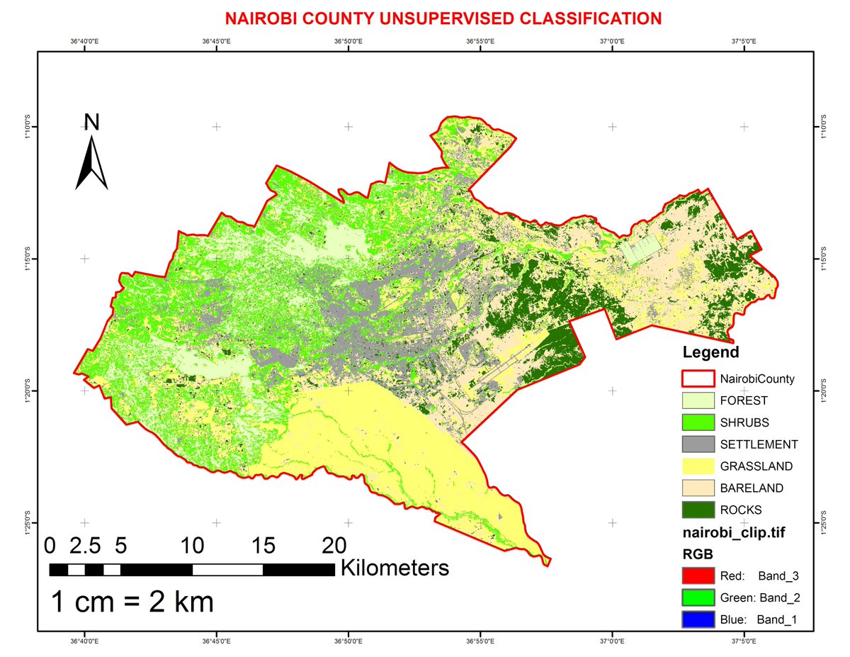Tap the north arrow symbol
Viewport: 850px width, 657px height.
tap(92, 164)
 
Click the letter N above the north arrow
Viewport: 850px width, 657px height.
tap(92, 123)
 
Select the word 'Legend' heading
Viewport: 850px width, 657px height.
tap(710, 352)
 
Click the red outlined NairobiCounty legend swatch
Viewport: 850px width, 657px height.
tap(698, 378)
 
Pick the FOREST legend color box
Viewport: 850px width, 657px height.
tap(698, 400)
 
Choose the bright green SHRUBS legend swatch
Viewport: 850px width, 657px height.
tap(698, 422)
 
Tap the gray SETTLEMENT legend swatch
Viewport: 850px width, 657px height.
tap(698, 444)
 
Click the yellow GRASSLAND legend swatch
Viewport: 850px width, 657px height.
tap(698, 466)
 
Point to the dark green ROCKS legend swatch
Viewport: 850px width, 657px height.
tap(698, 510)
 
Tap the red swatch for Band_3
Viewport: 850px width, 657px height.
tap(698, 575)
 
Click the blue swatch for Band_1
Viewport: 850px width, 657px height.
tap(698, 619)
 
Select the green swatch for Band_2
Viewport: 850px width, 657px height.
tap(698, 597)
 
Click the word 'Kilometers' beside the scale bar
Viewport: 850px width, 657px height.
tap(395, 568)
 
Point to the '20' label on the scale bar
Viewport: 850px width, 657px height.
tap(334, 546)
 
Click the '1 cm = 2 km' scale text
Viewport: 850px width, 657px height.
tap(132, 602)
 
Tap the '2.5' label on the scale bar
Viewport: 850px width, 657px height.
tap(86, 546)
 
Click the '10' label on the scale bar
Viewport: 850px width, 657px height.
tap(192, 546)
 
